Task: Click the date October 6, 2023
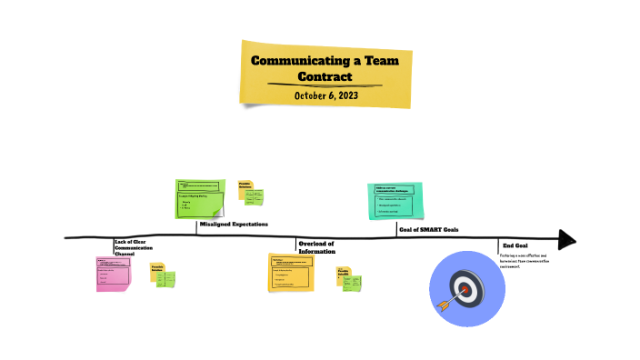click(x=325, y=95)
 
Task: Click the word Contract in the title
click(x=325, y=76)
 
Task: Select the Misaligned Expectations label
click(x=234, y=224)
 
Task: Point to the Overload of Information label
click(x=316, y=246)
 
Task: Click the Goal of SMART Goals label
click(x=428, y=229)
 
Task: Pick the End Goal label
click(x=515, y=245)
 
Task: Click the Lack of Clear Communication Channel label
click(x=134, y=246)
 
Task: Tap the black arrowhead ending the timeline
click(x=567, y=240)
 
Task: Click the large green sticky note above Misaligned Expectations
click(x=199, y=199)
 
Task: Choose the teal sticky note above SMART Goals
click(x=395, y=200)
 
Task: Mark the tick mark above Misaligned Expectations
click(x=197, y=227)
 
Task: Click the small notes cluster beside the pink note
click(x=163, y=275)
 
